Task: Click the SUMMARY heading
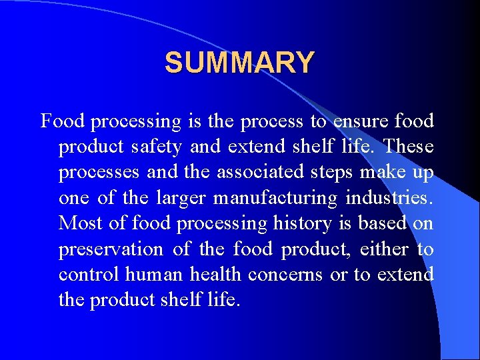239,63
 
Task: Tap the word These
409,147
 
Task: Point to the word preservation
111,249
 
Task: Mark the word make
386,172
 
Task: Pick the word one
74,199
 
